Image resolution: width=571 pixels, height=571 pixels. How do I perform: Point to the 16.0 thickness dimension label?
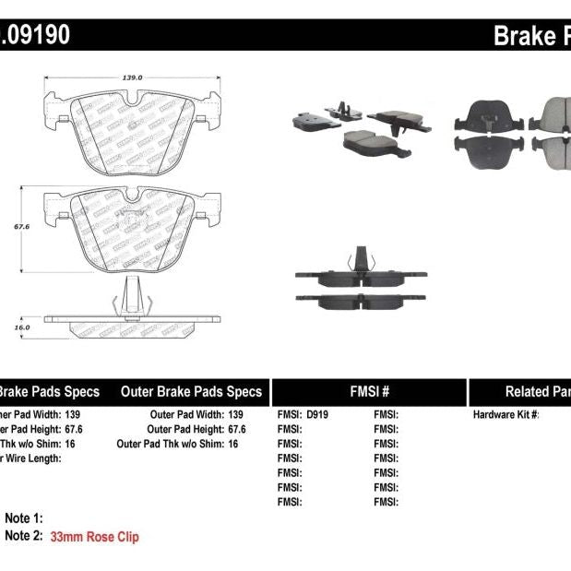pos(22,327)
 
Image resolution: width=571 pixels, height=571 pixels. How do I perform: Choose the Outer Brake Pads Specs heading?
pos(191,391)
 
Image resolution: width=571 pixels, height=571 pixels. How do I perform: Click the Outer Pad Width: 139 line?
pos(196,414)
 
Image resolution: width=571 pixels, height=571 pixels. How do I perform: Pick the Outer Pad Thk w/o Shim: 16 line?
pos(178,444)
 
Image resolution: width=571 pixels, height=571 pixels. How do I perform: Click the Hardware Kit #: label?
pos(506,414)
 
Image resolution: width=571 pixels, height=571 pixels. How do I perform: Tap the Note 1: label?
pos(25,518)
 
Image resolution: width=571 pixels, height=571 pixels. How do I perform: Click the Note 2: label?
pos(25,536)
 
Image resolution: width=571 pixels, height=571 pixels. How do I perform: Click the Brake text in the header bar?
pos(524,36)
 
